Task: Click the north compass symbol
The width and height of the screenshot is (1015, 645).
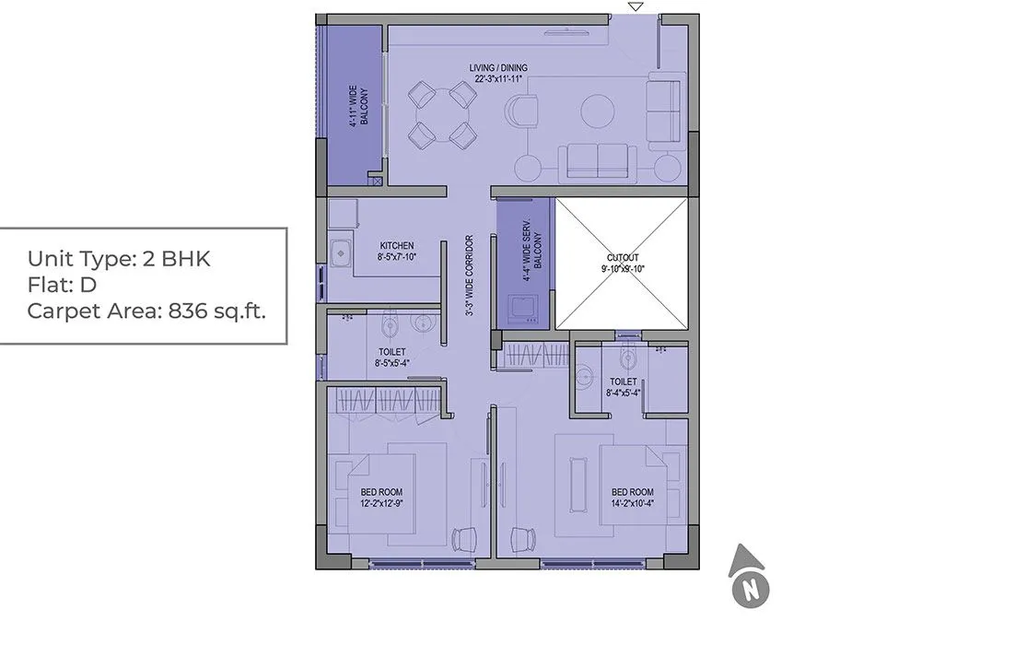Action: pyautogui.click(x=751, y=578)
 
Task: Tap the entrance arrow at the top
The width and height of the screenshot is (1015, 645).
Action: pyautogui.click(x=635, y=7)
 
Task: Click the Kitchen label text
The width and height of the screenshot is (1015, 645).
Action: pyautogui.click(x=396, y=252)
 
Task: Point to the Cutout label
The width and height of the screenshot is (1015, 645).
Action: pyautogui.click(x=623, y=263)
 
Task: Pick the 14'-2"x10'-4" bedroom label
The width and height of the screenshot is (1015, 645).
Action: pyautogui.click(x=632, y=498)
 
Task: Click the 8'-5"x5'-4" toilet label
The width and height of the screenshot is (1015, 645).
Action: pyautogui.click(x=391, y=358)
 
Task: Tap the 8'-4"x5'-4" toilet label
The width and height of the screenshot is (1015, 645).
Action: pyautogui.click(x=623, y=387)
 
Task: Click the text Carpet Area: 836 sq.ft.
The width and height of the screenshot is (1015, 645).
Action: pyautogui.click(x=146, y=311)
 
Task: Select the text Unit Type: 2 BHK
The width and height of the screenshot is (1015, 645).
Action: pyautogui.click(x=119, y=258)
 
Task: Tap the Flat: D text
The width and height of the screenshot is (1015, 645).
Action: pyautogui.click(x=62, y=285)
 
